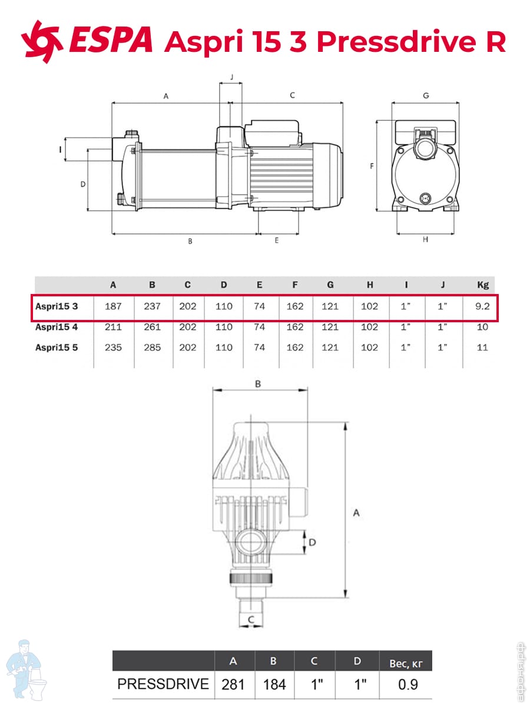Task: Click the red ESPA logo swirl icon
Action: (x=41, y=42)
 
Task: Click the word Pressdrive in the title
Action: (x=396, y=42)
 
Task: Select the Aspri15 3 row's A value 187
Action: (x=113, y=306)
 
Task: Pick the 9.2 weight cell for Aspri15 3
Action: (x=482, y=306)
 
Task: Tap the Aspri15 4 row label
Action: (x=57, y=327)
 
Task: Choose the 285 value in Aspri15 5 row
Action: (x=152, y=348)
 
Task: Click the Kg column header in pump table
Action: (x=483, y=285)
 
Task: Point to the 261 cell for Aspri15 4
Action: (x=152, y=327)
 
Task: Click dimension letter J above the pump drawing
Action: (x=231, y=77)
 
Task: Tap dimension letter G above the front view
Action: (x=426, y=95)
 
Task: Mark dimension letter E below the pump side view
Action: (x=276, y=240)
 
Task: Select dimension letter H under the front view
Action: (x=425, y=239)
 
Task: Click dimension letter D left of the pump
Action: (x=83, y=184)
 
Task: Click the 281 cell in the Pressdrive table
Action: (x=233, y=685)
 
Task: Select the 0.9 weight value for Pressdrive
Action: (x=408, y=685)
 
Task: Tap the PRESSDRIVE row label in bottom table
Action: (x=163, y=684)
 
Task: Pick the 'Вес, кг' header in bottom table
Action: (x=406, y=663)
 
